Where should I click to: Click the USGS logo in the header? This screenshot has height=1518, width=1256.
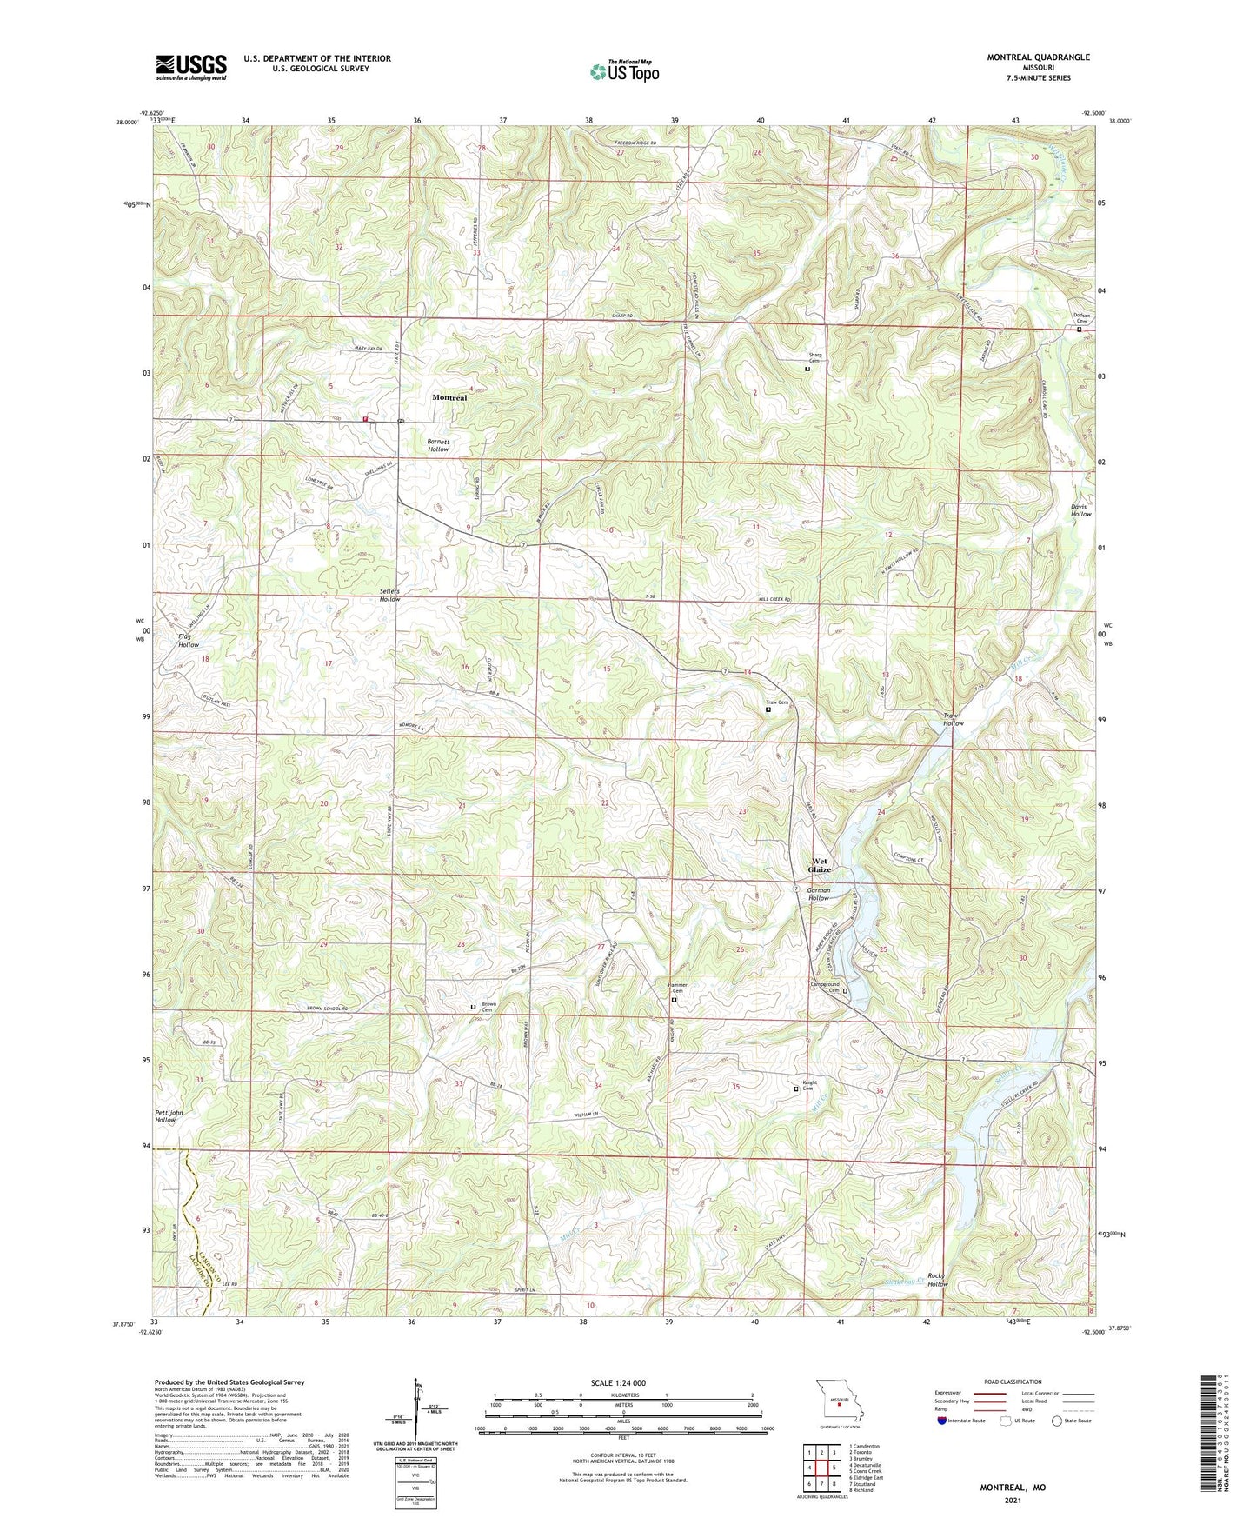pos(191,66)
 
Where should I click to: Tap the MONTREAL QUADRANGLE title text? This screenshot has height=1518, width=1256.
pos(1038,57)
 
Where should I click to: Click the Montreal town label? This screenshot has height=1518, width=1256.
pos(449,397)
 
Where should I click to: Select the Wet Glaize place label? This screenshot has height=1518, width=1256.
pos(820,865)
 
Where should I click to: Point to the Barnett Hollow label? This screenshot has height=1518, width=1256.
pos(438,445)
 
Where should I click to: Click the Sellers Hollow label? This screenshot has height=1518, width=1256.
pos(390,596)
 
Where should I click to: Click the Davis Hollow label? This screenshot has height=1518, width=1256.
pos(1080,509)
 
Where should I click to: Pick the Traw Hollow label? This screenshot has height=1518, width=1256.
pos(954,719)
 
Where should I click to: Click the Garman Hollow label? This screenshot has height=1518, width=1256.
pos(819,894)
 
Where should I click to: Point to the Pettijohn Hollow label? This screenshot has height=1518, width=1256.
pos(165,1115)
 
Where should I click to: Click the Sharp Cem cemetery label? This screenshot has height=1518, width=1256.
pos(814,357)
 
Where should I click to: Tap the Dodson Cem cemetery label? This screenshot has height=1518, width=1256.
pos(1081,318)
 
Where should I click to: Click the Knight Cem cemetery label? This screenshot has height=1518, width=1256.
pos(808,1086)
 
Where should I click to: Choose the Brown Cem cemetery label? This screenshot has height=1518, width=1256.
pos(488,1006)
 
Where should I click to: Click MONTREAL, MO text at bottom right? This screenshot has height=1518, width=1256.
pos(1013,1488)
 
